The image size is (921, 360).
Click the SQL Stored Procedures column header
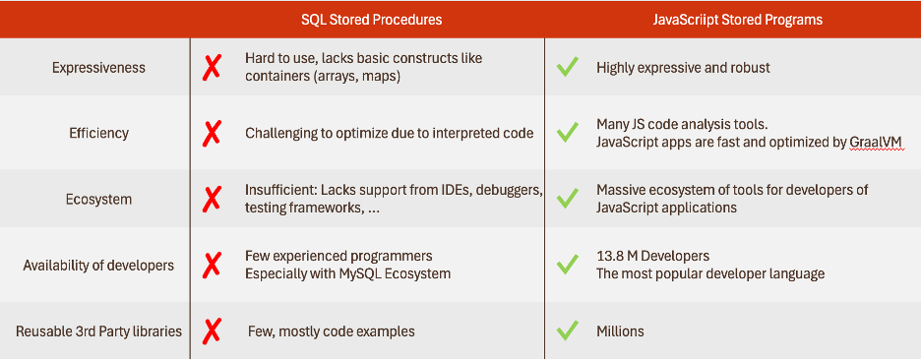click(x=371, y=20)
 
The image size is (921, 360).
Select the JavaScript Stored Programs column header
click(x=733, y=20)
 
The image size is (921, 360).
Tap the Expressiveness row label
click(x=98, y=67)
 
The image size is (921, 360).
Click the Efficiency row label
click(x=98, y=133)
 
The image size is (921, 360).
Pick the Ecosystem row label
click(x=98, y=199)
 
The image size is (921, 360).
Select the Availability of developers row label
click(x=98, y=265)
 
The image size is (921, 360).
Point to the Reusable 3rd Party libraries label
click(x=98, y=330)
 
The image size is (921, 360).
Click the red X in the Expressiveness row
click(x=212, y=67)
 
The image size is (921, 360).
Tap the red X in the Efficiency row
click(x=212, y=133)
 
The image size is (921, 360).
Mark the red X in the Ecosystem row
click(x=212, y=199)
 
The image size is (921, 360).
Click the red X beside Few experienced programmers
click(x=212, y=265)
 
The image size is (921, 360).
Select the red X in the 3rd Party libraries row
click(x=212, y=330)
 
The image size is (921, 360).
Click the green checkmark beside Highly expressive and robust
click(x=567, y=67)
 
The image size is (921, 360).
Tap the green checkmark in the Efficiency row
click(x=567, y=133)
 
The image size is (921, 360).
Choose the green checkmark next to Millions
click(x=567, y=330)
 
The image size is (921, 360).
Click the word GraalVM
click(x=875, y=143)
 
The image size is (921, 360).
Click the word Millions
click(x=620, y=330)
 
